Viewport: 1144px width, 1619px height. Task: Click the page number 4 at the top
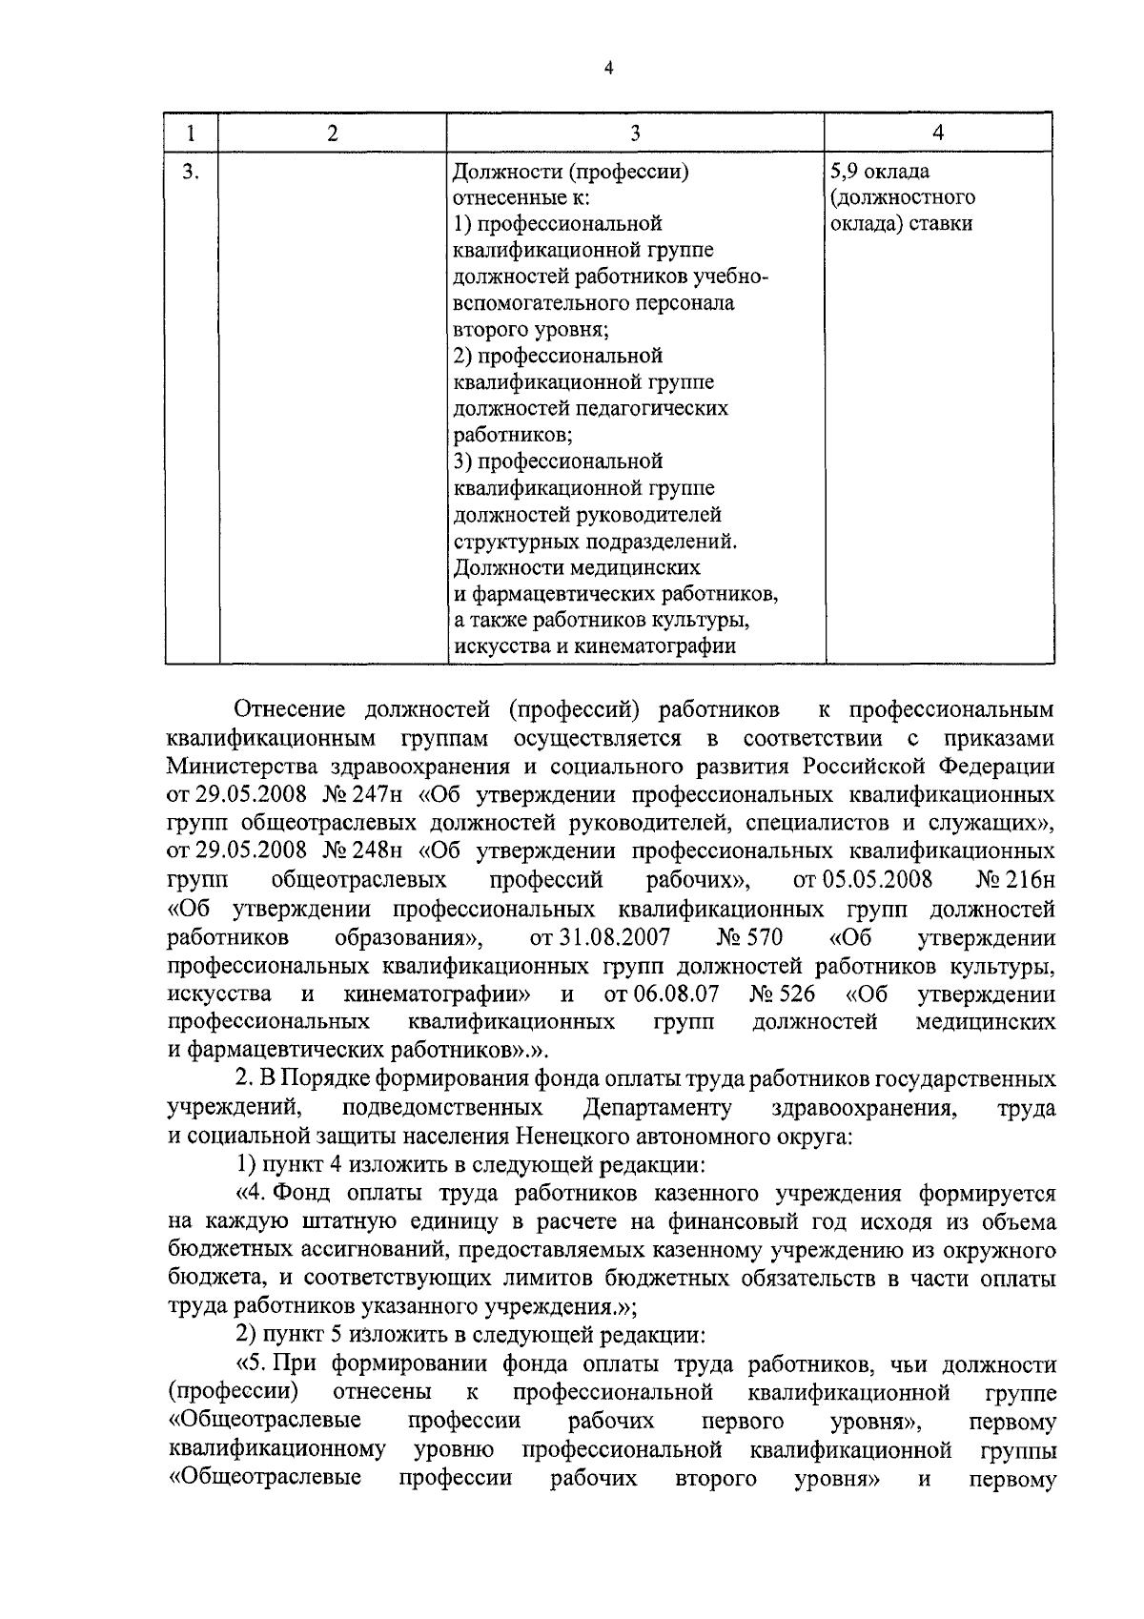pyautogui.click(x=607, y=68)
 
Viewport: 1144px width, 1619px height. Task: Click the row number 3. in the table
pyautogui.click(x=191, y=172)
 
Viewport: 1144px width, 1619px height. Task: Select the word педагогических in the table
pyautogui.click(x=653, y=409)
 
